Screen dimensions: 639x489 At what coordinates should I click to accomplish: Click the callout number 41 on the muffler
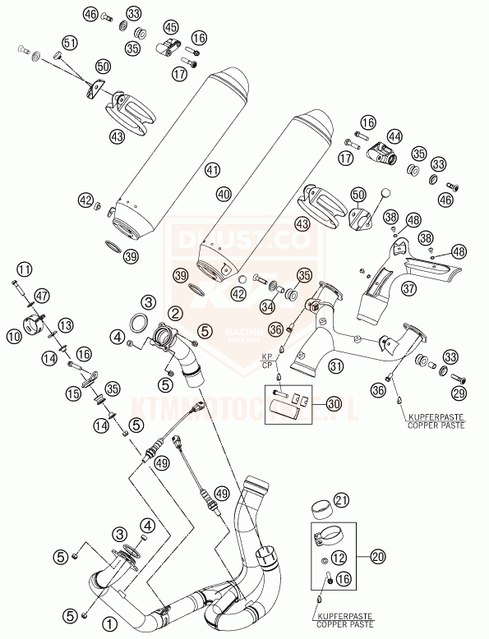click(213, 170)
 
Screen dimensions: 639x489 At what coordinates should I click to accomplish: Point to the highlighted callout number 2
click(175, 313)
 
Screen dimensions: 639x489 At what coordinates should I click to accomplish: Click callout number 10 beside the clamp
click(14, 335)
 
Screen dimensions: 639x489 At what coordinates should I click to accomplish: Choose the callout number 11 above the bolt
click(25, 269)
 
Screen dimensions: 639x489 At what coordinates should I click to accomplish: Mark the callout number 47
click(42, 295)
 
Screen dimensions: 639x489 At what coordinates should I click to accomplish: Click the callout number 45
click(171, 29)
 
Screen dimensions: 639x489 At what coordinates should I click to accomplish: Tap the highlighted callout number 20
click(377, 557)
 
